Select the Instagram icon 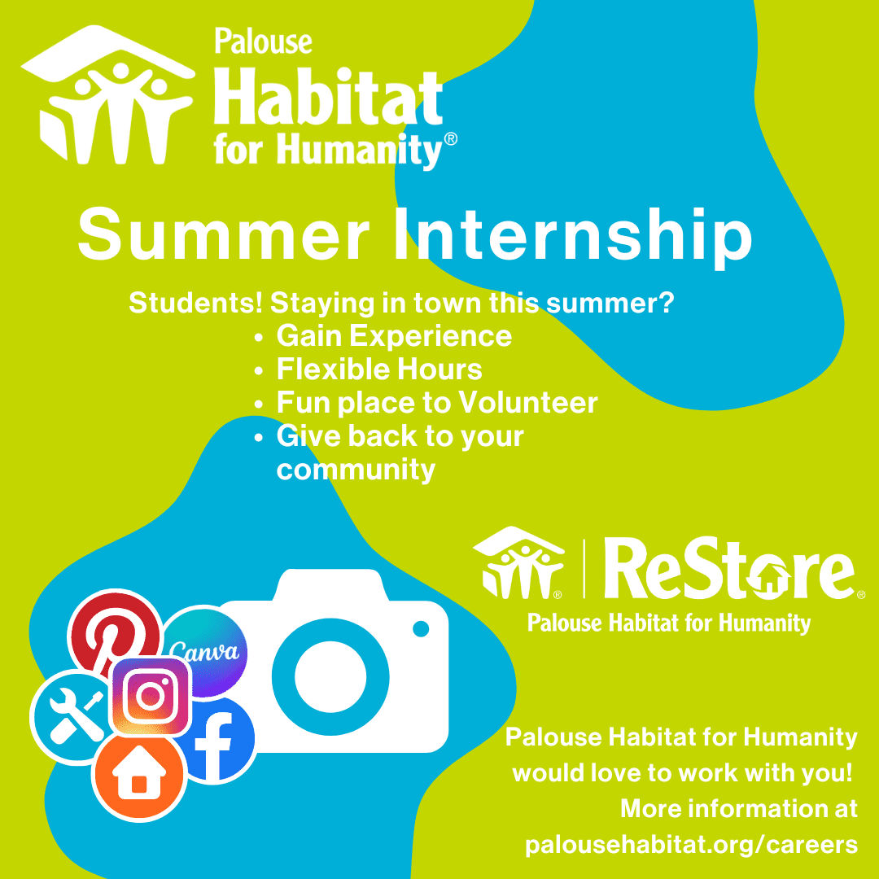click(x=151, y=695)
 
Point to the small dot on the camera click(x=421, y=628)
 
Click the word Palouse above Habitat click(x=262, y=42)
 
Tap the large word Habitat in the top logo click(x=329, y=99)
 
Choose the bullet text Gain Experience click(x=394, y=336)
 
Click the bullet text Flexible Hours click(x=379, y=370)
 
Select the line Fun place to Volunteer click(x=437, y=403)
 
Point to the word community click(x=356, y=470)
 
